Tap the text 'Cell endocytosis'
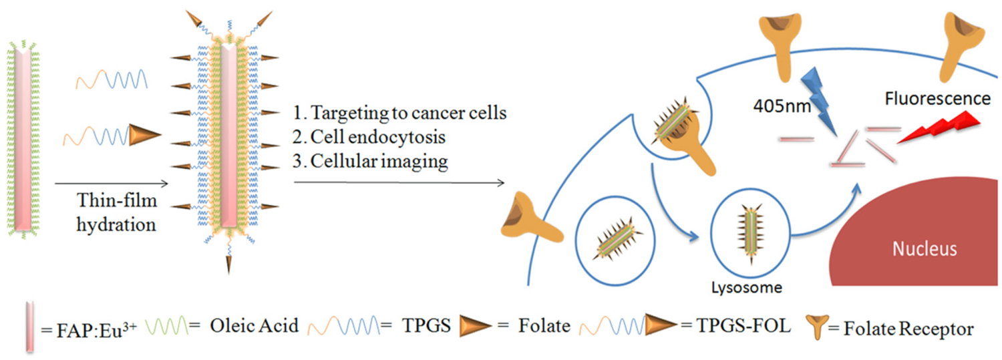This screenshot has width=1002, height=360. pos(378,137)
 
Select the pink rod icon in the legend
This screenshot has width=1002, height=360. pos(30,327)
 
